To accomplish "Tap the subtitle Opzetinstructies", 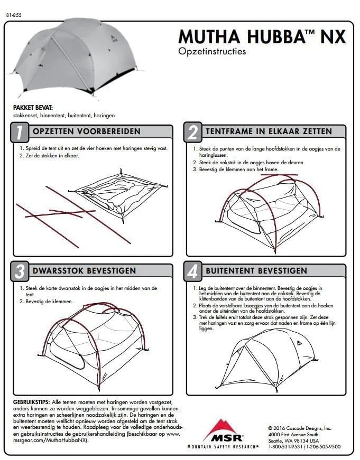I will click(212, 52).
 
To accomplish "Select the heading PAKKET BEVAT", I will click(29, 108).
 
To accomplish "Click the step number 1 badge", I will click(20, 133).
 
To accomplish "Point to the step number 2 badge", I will click(192, 133).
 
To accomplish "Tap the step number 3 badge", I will click(20, 272).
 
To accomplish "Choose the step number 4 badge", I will click(192, 272).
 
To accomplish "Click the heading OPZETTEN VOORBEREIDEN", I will click(87, 132).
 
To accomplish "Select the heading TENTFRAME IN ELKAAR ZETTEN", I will click(269, 132).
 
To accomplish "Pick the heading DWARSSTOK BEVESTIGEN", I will click(85, 271).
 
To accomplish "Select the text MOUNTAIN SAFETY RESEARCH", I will click(223, 447).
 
